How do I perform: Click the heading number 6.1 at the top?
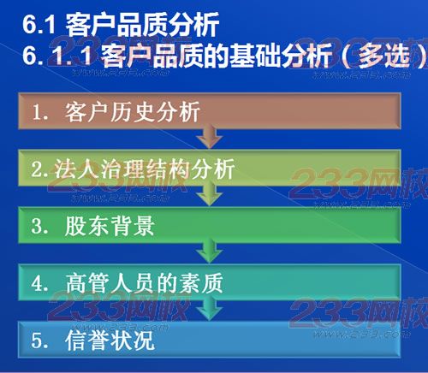(x=39, y=25)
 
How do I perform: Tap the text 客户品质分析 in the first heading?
(x=142, y=25)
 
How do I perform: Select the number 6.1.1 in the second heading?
(x=57, y=55)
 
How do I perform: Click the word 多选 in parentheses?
(x=384, y=56)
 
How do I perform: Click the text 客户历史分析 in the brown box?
(x=133, y=112)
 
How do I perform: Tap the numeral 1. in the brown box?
(x=40, y=112)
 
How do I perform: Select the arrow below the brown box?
(x=210, y=136)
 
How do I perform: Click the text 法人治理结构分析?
(x=145, y=169)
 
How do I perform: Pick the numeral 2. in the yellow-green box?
(x=39, y=169)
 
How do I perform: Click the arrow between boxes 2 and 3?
(x=210, y=194)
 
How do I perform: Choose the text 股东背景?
(x=110, y=226)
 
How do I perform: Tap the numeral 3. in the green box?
(x=39, y=226)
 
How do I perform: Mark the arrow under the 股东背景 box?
(x=210, y=251)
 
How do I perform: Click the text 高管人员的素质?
(x=144, y=283)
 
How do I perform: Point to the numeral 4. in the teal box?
(x=39, y=283)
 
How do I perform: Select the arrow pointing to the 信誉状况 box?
(x=210, y=308)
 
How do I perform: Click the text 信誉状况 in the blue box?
(x=110, y=340)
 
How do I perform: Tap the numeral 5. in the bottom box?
(x=39, y=340)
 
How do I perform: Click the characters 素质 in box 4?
(x=201, y=283)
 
